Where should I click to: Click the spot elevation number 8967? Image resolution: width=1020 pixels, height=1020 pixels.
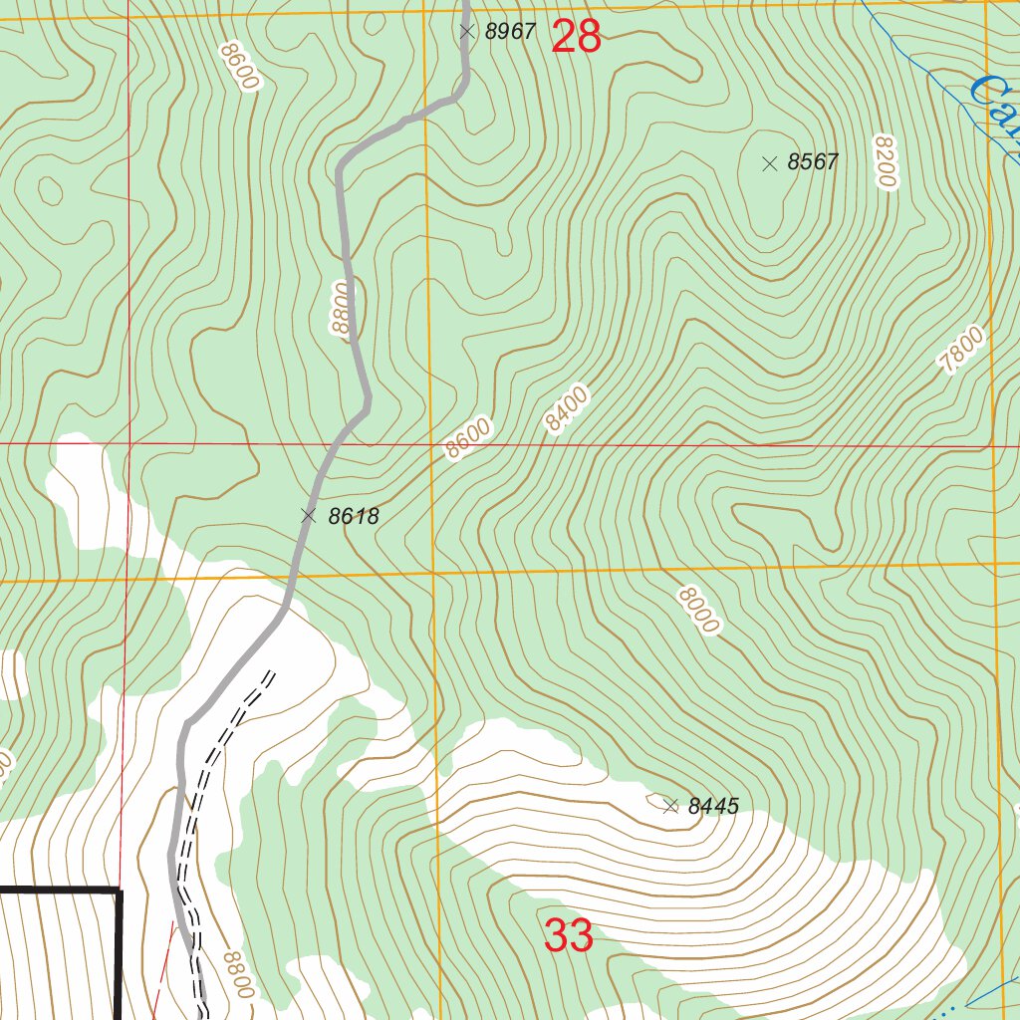tap(510, 32)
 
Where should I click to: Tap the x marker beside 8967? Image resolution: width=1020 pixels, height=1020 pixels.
tap(466, 32)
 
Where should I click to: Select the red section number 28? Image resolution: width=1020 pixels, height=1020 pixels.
tap(576, 37)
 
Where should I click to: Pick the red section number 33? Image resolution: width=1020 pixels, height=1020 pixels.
tap(569, 936)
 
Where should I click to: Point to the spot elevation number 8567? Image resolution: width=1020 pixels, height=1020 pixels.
tap(813, 162)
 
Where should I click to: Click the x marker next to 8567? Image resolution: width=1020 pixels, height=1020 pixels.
tap(769, 163)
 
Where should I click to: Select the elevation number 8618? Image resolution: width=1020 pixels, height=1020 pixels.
tap(353, 516)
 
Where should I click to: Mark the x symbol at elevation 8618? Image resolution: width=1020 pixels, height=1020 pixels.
tap(309, 515)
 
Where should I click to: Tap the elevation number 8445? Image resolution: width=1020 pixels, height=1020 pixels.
tap(713, 806)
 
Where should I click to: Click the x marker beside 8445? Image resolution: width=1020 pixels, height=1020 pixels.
tap(670, 806)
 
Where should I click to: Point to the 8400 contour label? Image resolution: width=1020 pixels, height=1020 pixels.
tap(567, 408)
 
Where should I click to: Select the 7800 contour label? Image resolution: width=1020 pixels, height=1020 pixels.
tap(962, 351)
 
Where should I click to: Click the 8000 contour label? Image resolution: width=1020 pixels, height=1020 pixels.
tap(697, 611)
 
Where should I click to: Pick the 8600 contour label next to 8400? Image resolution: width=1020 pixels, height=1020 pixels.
tap(467, 439)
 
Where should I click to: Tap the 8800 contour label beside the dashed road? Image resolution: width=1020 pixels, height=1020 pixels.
tap(239, 975)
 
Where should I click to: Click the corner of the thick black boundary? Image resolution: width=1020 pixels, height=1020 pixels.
tap(119, 890)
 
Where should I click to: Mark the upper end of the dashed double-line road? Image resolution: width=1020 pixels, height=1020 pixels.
tap(270, 673)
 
